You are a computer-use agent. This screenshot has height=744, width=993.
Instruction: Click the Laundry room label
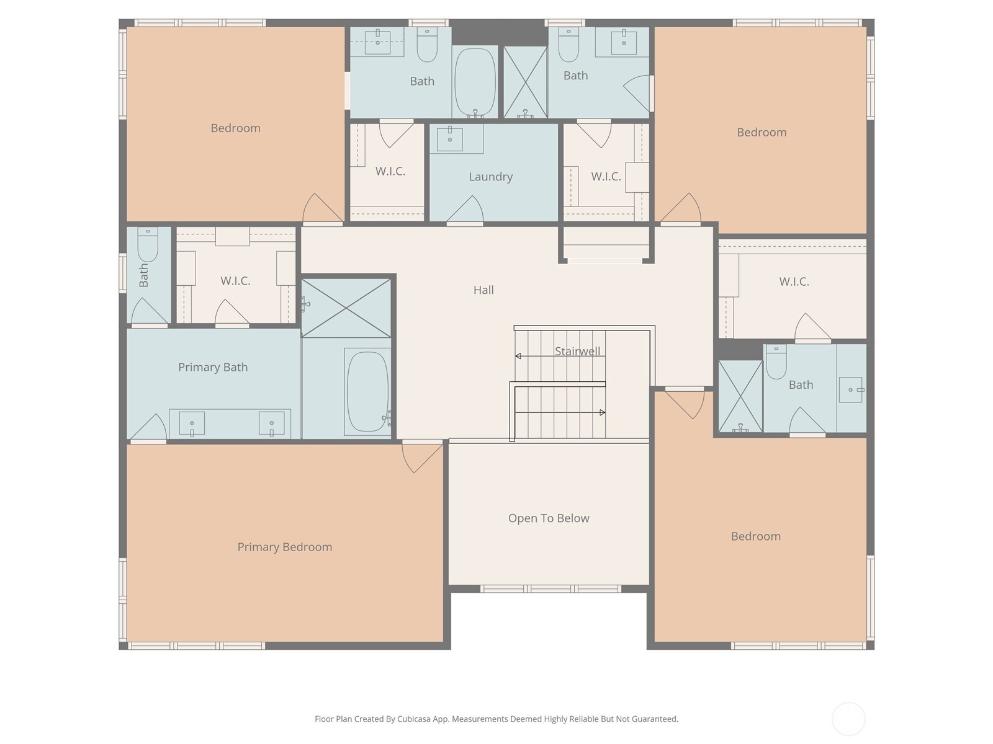[490, 177]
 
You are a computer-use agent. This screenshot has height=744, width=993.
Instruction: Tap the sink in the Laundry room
[450, 138]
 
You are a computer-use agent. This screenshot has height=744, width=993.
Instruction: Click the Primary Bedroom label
[284, 547]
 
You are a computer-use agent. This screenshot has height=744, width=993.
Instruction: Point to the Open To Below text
[549, 518]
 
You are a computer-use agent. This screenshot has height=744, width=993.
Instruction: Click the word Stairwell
[577, 352]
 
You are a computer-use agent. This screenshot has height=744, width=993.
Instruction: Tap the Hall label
[483, 290]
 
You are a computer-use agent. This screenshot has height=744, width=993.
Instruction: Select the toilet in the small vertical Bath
[148, 244]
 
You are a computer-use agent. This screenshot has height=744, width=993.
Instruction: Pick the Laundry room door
[465, 211]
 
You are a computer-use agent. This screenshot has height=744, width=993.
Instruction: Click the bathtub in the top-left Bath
[475, 81]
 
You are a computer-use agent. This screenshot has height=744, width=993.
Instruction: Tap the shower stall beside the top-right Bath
[525, 82]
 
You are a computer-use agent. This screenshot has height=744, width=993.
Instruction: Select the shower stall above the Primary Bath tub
[346, 308]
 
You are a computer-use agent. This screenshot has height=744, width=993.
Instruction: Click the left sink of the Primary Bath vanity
[192, 423]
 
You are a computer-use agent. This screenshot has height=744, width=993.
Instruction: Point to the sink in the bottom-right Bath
[851, 390]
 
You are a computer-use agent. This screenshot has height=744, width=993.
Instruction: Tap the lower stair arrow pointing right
[601, 412]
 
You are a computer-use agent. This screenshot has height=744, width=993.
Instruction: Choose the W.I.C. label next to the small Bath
[235, 281]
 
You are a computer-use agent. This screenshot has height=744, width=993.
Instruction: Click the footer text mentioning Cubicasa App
[496, 719]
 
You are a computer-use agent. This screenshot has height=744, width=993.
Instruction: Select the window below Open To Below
[550, 589]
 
